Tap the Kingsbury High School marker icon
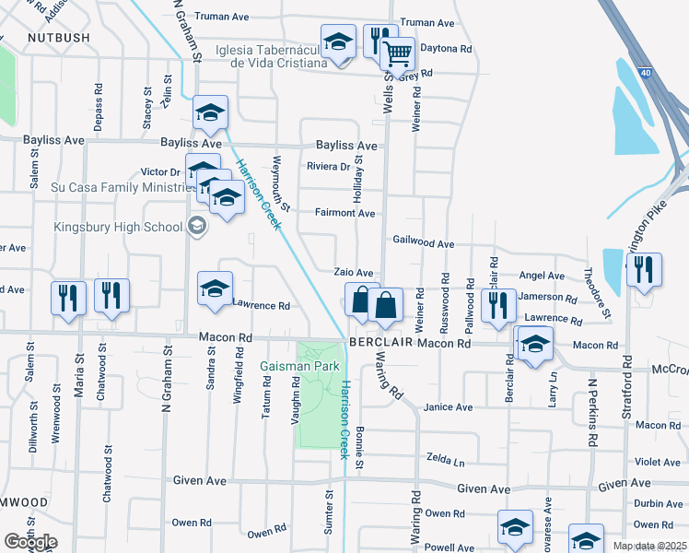click(x=195, y=225)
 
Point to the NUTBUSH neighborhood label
click(x=59, y=38)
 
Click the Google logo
click(x=29, y=542)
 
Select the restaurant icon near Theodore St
click(x=644, y=268)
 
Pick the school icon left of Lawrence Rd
click(x=215, y=288)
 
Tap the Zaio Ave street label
click(x=353, y=274)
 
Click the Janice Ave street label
click(x=448, y=407)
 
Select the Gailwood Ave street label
click(x=424, y=244)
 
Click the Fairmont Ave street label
click(x=345, y=214)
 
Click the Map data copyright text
click(x=649, y=546)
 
